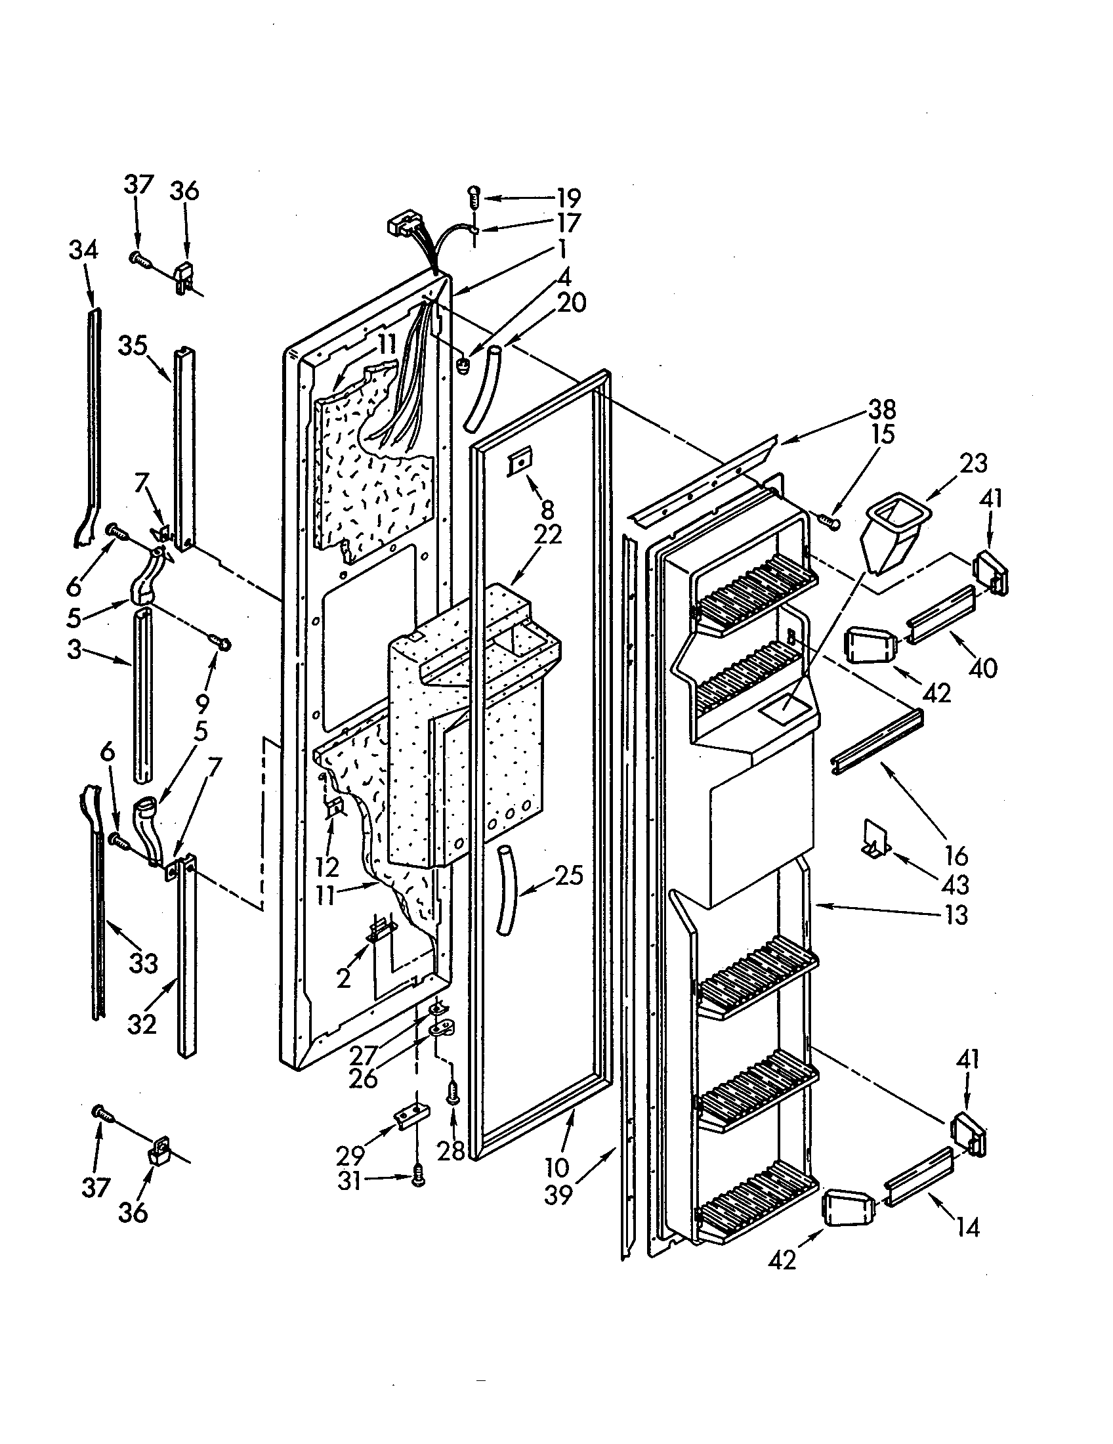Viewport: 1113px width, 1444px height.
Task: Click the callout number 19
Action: tap(568, 198)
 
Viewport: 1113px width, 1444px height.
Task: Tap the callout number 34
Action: tap(83, 251)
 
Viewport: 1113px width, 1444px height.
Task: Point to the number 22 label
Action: tap(549, 534)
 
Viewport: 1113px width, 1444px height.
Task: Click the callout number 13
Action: tap(955, 915)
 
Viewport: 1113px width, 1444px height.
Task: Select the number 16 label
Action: tap(955, 855)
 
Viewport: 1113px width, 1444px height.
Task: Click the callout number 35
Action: tap(133, 346)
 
